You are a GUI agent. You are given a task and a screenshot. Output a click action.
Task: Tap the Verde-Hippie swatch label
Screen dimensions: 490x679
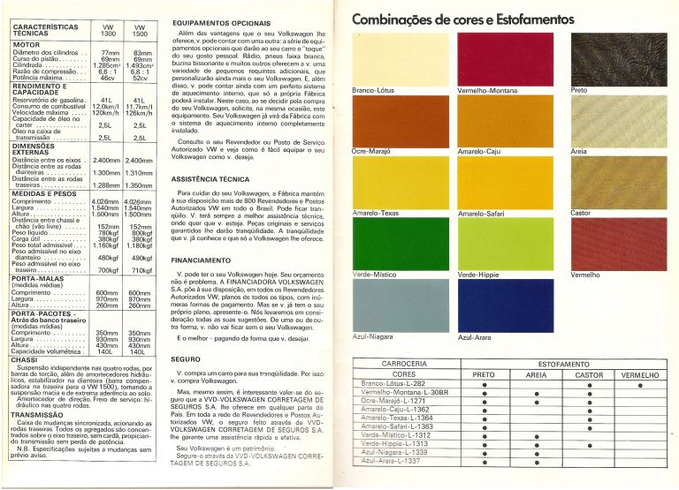point(479,275)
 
